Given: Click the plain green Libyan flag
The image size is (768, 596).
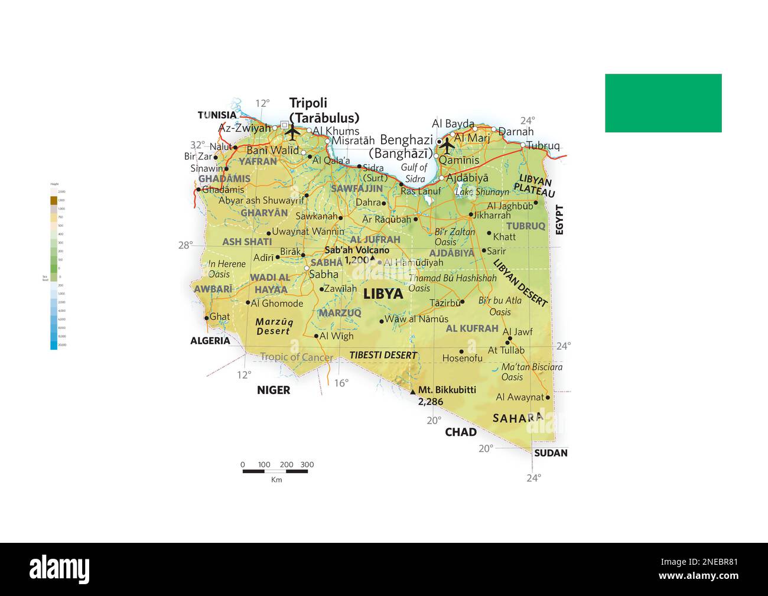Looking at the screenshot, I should [x=663, y=103].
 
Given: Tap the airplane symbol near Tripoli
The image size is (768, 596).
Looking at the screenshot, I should [x=292, y=132].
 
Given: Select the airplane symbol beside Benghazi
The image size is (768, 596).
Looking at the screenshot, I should [x=448, y=144].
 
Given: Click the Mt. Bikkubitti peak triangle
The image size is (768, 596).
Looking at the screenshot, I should [x=413, y=391].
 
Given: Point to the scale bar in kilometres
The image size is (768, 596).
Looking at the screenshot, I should [x=275, y=471].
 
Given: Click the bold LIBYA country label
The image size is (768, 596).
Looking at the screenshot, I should [x=383, y=294].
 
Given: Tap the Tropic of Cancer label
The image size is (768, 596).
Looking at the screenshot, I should [x=297, y=357].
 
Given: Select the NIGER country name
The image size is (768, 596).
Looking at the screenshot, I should [x=274, y=390].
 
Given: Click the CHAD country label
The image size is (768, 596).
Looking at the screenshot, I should [x=460, y=432].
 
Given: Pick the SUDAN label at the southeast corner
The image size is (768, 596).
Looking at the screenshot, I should [x=550, y=453].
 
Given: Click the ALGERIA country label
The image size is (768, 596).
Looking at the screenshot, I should [x=210, y=341].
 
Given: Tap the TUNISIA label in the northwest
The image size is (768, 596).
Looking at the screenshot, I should [x=216, y=115].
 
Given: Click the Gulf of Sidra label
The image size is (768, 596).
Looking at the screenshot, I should [x=414, y=173].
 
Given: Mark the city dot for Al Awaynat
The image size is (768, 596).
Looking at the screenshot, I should [x=548, y=398].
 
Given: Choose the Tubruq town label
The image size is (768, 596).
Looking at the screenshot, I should [x=543, y=145].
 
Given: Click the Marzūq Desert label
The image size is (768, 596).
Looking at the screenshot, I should [x=274, y=327].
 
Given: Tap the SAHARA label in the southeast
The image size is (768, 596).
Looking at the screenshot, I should [x=518, y=418].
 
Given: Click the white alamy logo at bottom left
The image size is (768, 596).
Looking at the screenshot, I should [x=60, y=569].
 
